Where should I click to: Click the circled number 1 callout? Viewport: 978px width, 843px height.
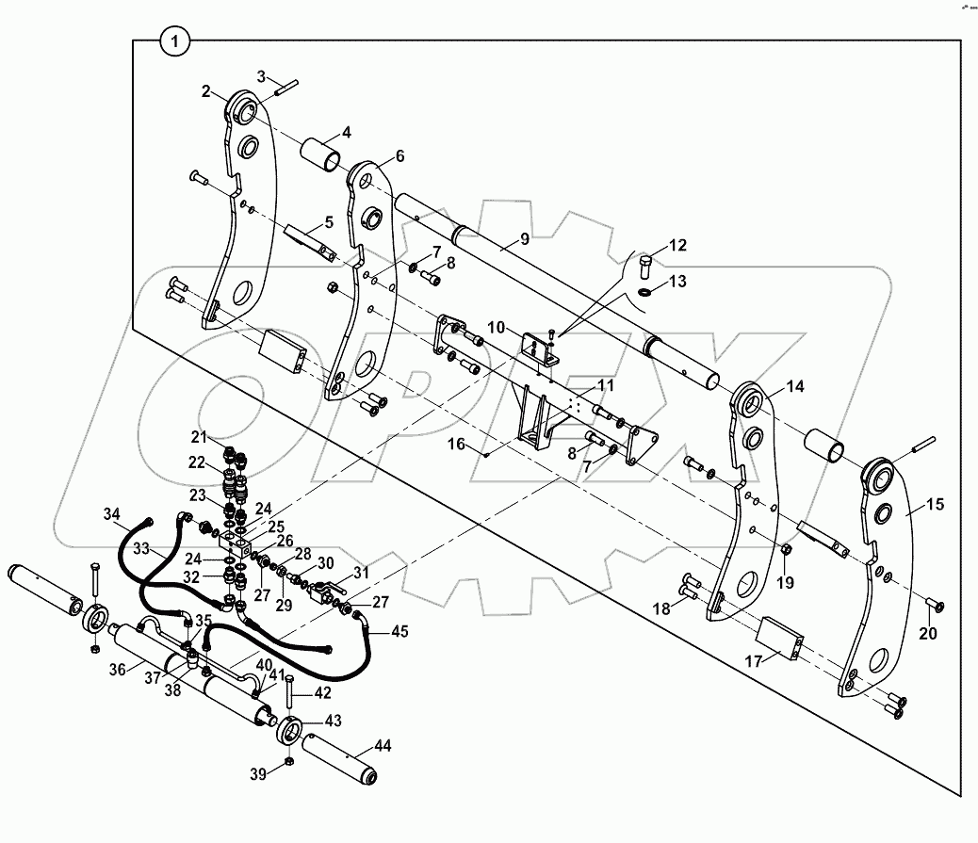[x=175, y=41]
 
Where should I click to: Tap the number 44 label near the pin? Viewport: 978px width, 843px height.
[x=383, y=745]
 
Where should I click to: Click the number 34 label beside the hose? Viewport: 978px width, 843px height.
[x=112, y=513]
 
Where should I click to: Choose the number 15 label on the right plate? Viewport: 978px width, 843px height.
[x=934, y=505]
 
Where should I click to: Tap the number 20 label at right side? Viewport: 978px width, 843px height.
[x=928, y=634]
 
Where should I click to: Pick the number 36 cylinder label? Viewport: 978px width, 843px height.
[x=117, y=670]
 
